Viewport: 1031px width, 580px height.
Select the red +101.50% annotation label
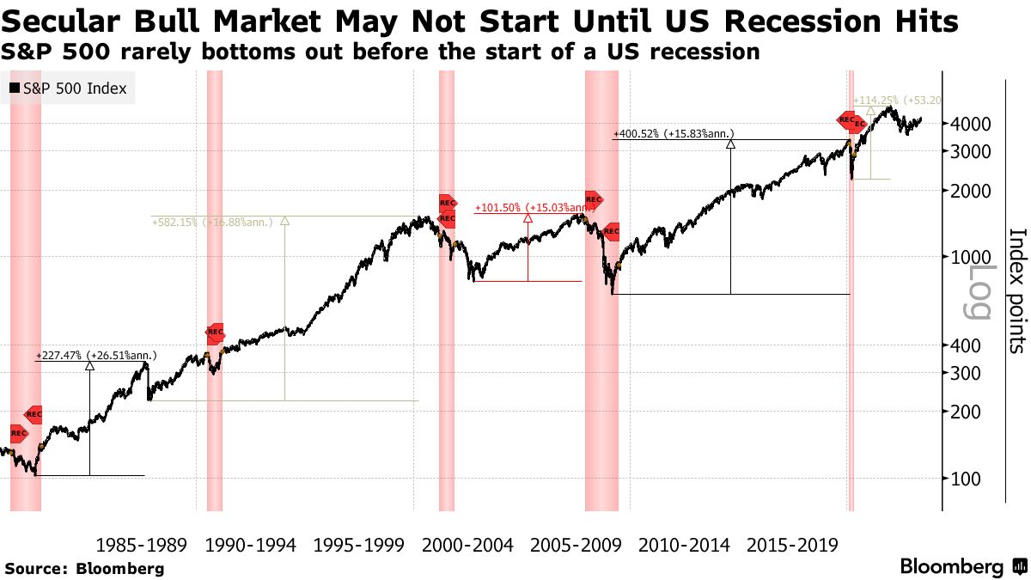[x=533, y=207]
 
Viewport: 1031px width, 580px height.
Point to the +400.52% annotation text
[x=673, y=133]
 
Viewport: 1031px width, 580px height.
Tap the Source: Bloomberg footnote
[x=84, y=569]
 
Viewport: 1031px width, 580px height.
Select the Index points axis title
[x=1016, y=290]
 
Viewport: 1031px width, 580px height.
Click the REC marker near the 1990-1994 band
[x=215, y=332]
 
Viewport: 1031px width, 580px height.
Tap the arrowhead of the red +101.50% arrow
[x=528, y=218]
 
